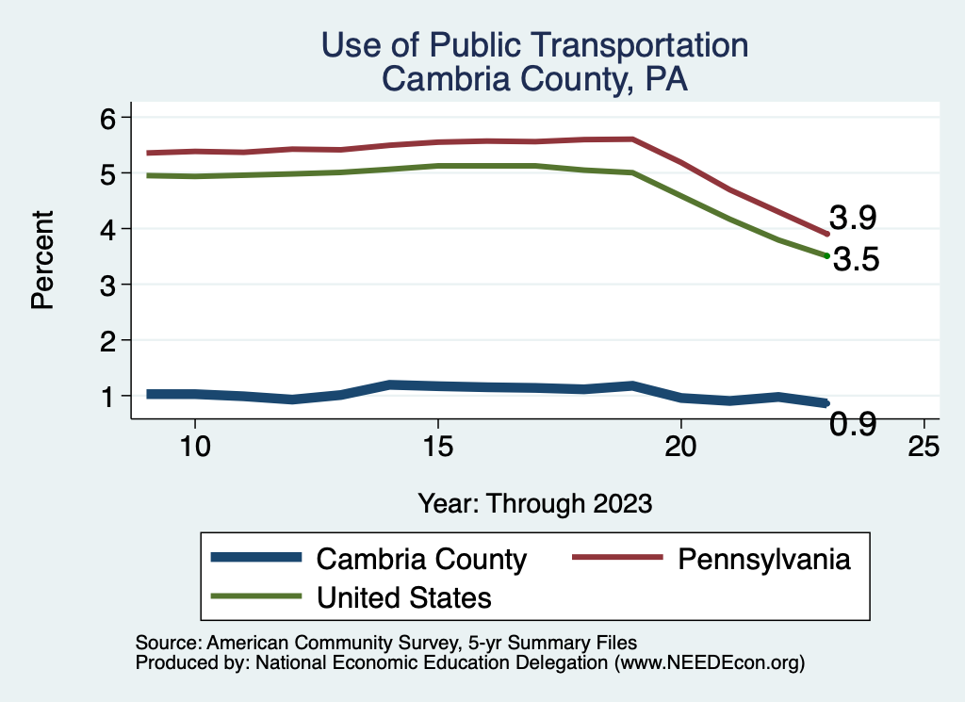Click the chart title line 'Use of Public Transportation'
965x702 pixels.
click(x=534, y=45)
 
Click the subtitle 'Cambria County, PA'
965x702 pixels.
click(x=534, y=79)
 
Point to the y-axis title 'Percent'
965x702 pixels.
click(x=41, y=260)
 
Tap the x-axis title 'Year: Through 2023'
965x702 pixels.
click(x=534, y=503)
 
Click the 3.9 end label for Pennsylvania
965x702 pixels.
click(x=853, y=219)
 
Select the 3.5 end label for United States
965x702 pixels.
click(x=857, y=260)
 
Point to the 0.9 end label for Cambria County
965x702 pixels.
click(x=853, y=425)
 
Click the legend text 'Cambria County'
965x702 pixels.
click(x=421, y=559)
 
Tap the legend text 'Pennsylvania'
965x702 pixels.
click(x=763, y=559)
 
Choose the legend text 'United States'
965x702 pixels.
click(x=404, y=596)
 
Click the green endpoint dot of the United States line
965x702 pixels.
click(x=826, y=255)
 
